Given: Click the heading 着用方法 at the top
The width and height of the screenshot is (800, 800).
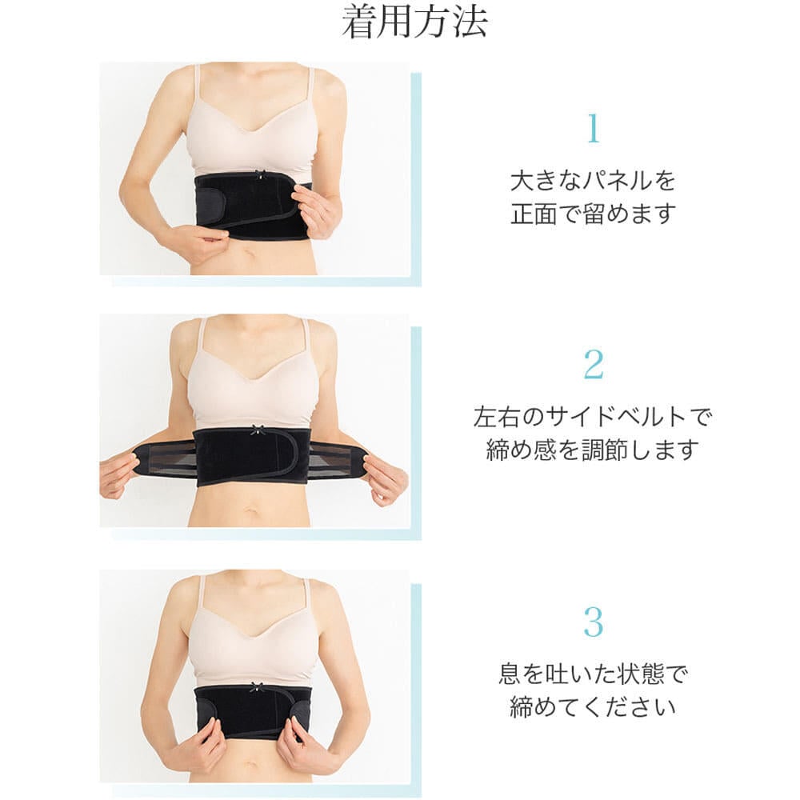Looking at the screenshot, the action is coord(414,22).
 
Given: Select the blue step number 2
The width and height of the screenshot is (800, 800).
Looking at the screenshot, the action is coord(594,364).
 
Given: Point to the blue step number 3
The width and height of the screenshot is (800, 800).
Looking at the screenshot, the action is coord(594,622).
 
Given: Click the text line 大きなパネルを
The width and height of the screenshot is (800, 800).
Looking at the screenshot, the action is coord(593,181).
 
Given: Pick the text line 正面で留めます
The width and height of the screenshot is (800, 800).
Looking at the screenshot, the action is coord(594,214).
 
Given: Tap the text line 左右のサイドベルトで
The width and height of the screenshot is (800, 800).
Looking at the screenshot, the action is coord(592,418).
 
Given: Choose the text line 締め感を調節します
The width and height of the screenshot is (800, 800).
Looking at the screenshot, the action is coord(592,450).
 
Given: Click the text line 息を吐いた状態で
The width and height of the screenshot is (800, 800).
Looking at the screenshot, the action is coord(593,674).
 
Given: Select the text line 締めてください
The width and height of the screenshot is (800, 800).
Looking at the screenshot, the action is coord(593,707).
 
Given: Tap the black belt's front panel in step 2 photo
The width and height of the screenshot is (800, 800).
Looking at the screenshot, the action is coord(253,457).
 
